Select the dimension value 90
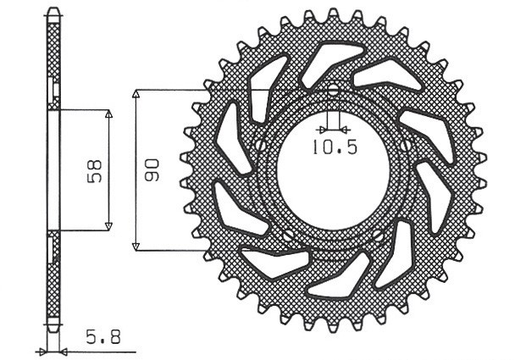pos(152,169)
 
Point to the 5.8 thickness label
pos(102,336)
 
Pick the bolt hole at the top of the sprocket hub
pos(333,90)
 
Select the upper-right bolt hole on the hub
pos(406,146)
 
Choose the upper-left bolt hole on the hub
pos(260,147)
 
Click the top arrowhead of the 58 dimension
pos(108,114)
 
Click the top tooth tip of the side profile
pos(53,11)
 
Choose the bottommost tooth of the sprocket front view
pos(333,325)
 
